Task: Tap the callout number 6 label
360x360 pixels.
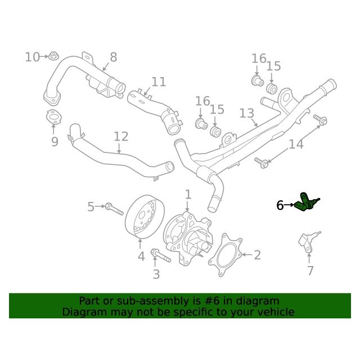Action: click(x=280, y=205)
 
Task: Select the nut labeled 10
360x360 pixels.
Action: click(x=54, y=56)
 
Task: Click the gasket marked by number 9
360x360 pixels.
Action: click(x=53, y=117)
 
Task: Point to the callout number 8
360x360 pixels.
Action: click(x=114, y=57)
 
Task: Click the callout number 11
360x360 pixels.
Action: click(x=159, y=82)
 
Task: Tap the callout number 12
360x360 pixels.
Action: click(x=121, y=137)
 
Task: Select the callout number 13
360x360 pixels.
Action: click(x=246, y=114)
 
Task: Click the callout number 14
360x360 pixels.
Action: click(x=296, y=145)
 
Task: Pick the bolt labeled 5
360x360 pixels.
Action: click(x=114, y=209)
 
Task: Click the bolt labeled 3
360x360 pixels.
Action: click(x=161, y=255)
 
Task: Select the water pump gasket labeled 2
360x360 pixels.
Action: click(x=225, y=255)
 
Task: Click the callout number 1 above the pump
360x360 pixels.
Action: click(x=188, y=195)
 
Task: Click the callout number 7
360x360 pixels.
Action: click(x=310, y=271)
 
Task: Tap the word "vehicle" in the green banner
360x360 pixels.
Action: click(x=277, y=312)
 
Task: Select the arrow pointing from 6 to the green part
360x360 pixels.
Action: click(x=289, y=205)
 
